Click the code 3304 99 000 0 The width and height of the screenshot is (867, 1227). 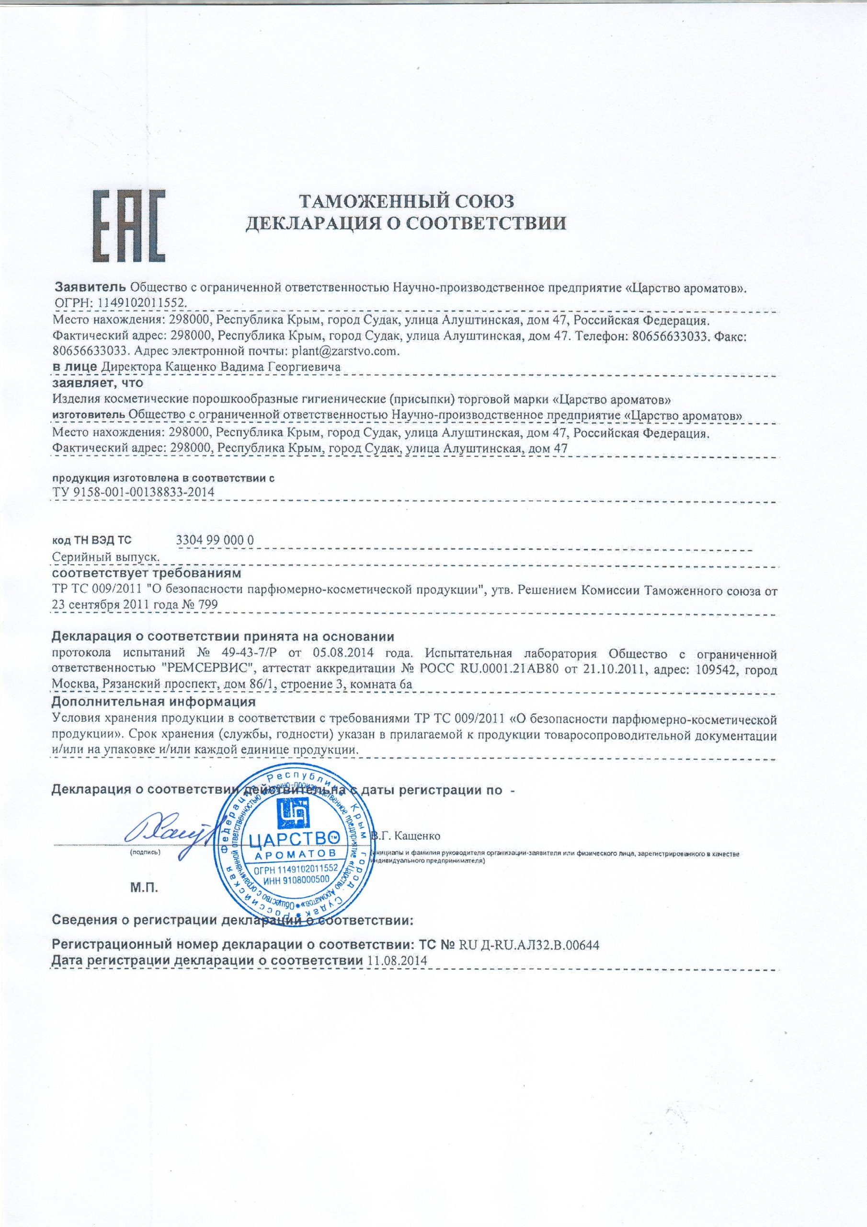[215, 540]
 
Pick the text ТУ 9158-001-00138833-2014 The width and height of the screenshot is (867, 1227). [134, 492]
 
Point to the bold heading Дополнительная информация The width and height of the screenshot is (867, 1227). [153, 701]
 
